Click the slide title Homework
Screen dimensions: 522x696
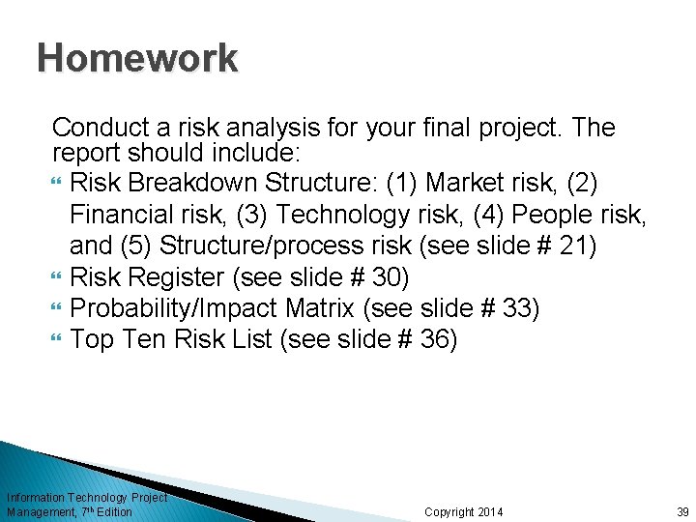coord(137,58)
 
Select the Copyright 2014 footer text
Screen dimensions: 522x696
coord(464,511)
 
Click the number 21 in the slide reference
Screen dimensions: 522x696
coord(578,246)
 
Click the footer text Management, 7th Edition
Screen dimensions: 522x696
coord(70,511)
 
